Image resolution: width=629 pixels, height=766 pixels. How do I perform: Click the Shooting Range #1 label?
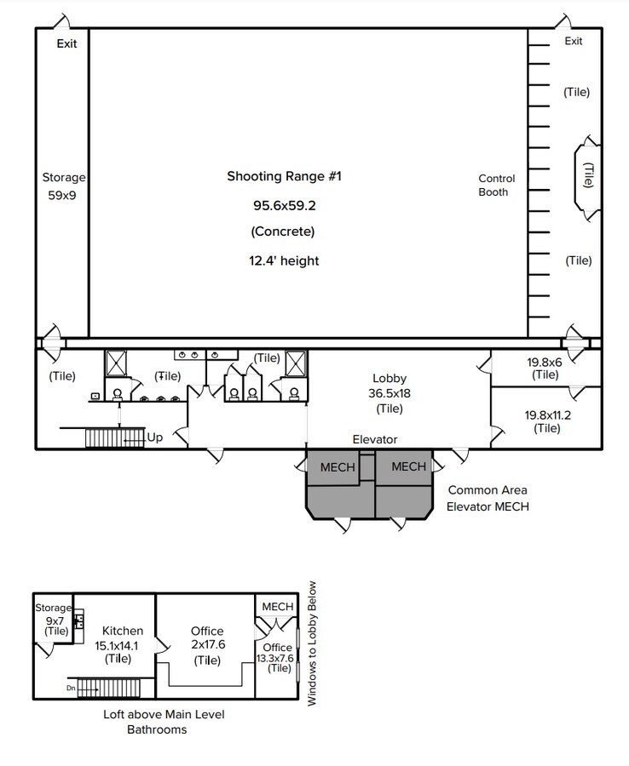coord(284,176)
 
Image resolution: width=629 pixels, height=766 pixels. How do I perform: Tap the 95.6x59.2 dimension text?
coord(283,205)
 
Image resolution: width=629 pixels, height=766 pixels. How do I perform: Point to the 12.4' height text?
coord(284,260)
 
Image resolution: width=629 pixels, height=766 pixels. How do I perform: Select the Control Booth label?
coord(497,185)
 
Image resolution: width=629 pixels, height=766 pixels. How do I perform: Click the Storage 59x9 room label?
coord(64,186)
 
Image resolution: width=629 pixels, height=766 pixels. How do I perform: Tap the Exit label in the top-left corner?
coord(66,43)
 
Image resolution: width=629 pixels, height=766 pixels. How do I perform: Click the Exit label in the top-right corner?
coord(574,41)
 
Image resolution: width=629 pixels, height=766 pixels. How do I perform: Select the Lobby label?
coord(390,378)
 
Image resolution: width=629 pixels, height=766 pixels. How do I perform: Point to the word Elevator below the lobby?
coord(375,439)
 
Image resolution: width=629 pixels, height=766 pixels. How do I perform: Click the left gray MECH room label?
coord(338,467)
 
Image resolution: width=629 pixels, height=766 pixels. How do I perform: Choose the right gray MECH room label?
coord(408,466)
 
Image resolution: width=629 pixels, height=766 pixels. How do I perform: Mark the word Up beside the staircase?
coord(156,437)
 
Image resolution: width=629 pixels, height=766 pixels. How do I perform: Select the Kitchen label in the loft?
coord(123,631)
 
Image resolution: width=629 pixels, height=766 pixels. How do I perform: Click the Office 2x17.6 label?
coord(207,638)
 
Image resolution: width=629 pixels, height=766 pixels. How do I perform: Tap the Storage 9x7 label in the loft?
coord(53,619)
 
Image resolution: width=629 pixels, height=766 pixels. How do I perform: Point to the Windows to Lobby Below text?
coord(312,643)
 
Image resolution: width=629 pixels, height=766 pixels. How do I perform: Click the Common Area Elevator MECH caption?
coord(488,498)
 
